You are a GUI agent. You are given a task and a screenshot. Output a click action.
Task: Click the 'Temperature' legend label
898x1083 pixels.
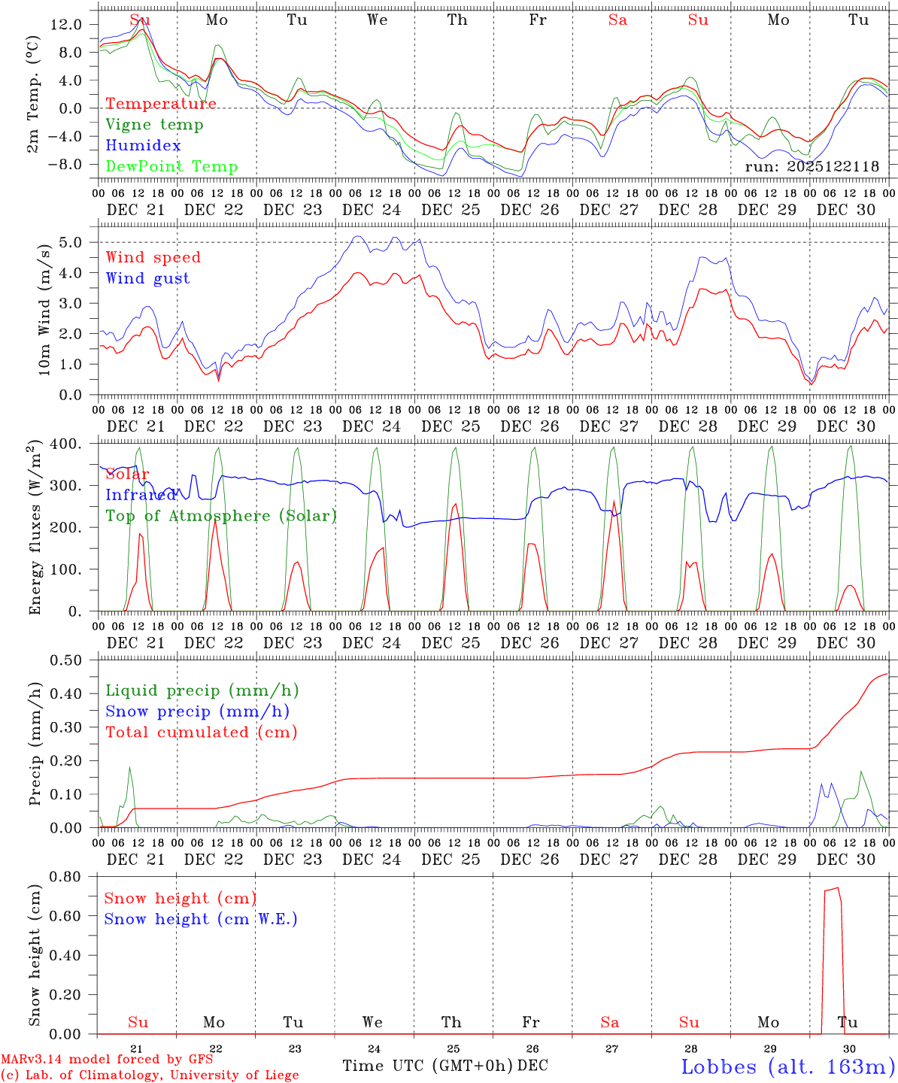(160, 104)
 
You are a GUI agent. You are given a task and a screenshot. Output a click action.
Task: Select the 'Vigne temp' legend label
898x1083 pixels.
(154, 125)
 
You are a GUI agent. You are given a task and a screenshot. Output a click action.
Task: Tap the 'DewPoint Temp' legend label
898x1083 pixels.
(171, 167)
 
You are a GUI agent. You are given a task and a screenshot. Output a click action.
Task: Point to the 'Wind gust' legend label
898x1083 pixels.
(147, 278)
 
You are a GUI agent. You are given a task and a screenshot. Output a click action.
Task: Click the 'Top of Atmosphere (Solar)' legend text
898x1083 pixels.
(221, 516)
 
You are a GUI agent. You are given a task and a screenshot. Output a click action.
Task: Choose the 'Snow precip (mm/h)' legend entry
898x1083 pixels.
(197, 711)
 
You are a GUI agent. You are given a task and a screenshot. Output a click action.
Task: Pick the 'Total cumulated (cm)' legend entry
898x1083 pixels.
(201, 732)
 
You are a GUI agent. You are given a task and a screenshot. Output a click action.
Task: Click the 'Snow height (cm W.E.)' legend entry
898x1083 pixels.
(201, 919)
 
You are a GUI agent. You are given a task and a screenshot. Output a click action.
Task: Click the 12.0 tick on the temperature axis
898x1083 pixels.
(67, 24)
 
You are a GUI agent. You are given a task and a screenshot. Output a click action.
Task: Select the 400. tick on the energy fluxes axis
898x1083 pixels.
(67, 444)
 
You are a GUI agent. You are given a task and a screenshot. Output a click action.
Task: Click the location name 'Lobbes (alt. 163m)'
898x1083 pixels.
(787, 1066)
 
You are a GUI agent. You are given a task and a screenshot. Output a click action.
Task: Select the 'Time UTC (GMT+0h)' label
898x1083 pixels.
(427, 1066)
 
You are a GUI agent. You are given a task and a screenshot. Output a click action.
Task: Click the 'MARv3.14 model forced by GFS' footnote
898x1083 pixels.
(107, 1059)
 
